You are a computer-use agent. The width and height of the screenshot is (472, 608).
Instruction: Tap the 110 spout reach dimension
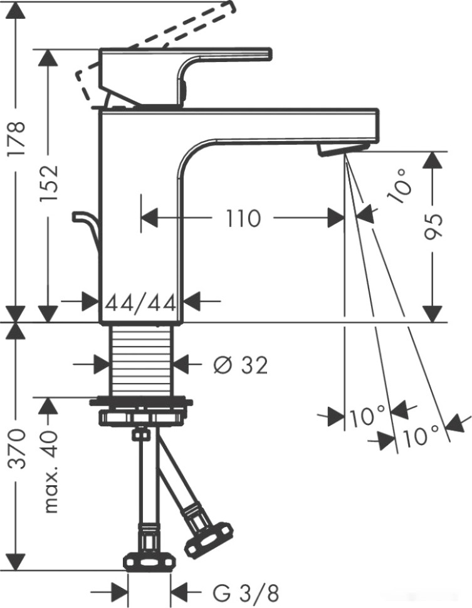pyautogui.click(x=243, y=219)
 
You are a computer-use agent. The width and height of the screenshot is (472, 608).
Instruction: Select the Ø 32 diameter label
pyautogui.click(x=240, y=364)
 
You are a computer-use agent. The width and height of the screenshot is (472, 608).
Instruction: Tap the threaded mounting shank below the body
pyautogui.click(x=141, y=360)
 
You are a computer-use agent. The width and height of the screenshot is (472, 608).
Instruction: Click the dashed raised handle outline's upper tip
pyautogui.click(x=231, y=7)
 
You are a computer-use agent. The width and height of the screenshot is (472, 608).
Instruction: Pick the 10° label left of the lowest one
pyautogui.click(x=368, y=416)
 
